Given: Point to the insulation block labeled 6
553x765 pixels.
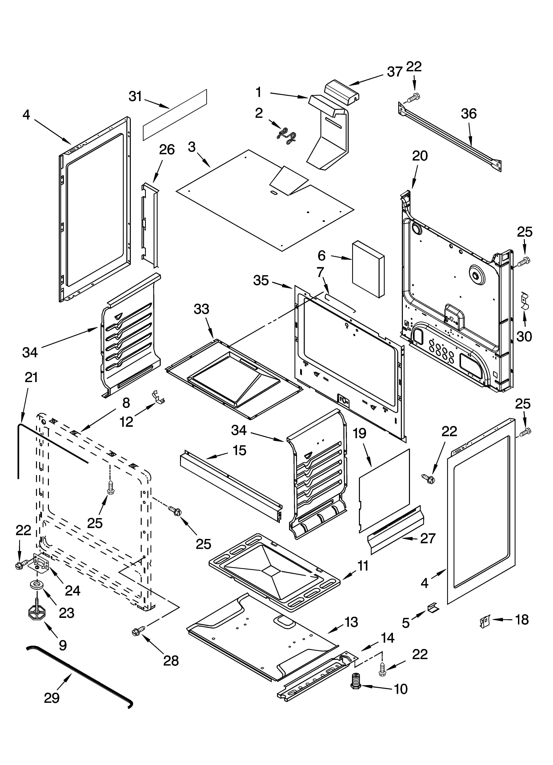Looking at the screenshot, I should (368, 269).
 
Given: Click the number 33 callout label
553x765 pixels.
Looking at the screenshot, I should (201, 309).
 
